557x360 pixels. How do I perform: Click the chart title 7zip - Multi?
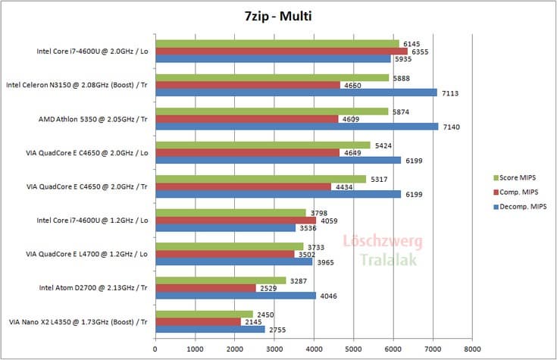point(278,16)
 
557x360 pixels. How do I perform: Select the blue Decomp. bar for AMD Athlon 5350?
point(296,127)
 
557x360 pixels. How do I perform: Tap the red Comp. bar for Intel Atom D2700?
point(205,288)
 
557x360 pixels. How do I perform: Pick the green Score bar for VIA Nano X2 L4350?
point(204,314)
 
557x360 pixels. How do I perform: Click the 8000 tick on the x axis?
point(471,350)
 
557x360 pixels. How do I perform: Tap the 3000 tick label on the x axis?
point(274,350)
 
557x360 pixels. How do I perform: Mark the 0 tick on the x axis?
point(155,350)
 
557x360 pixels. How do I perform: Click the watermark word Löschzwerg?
point(383,242)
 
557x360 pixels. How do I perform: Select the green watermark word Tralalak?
point(383,261)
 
